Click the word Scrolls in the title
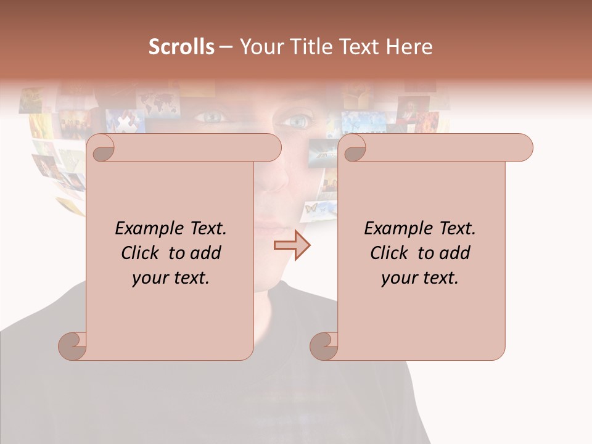(x=181, y=47)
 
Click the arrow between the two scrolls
(x=292, y=245)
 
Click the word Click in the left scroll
(x=142, y=253)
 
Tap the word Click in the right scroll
(x=391, y=253)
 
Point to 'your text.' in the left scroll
(x=171, y=277)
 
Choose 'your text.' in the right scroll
(x=420, y=277)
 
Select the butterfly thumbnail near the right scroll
(x=311, y=208)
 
